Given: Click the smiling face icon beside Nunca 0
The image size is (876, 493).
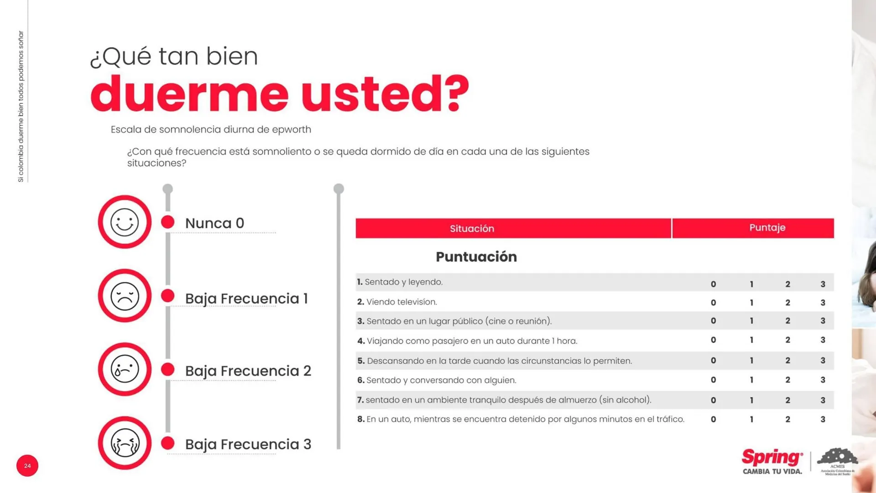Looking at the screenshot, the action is (125, 222).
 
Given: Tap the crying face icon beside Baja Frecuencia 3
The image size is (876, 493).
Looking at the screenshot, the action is (125, 443).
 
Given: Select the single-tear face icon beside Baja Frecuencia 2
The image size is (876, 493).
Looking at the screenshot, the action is (125, 369).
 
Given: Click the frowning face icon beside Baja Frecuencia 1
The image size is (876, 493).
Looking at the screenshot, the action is (125, 296).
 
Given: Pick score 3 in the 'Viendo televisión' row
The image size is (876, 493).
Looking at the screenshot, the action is (823, 303).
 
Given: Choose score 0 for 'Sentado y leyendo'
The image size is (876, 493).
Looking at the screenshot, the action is (713, 284).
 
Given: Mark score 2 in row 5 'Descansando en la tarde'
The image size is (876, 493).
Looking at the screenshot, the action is (787, 361).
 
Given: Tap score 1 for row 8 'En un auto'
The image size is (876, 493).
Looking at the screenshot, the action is (751, 420).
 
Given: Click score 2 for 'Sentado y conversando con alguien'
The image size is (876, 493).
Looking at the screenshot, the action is (787, 380).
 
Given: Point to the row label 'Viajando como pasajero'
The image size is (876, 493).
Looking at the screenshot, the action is (467, 341).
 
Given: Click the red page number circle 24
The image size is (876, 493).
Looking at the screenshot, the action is (27, 466).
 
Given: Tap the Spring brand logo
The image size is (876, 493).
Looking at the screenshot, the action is (772, 457).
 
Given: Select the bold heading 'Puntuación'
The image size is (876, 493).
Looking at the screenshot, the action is (476, 257).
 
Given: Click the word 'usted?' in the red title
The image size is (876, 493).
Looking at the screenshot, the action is (385, 94).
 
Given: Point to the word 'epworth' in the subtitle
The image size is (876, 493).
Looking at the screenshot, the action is (292, 130).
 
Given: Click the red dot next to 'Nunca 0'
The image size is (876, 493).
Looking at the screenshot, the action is (168, 222).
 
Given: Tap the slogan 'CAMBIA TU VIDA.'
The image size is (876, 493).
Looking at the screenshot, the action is (772, 472).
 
